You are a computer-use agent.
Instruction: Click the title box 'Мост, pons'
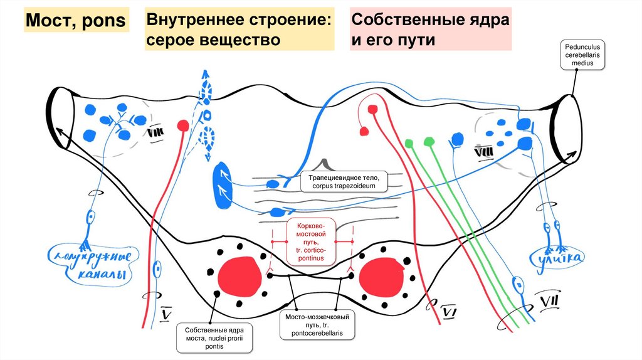(75, 23)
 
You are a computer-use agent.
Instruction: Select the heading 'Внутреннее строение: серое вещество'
(241, 29)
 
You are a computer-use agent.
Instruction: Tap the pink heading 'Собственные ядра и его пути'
(429, 29)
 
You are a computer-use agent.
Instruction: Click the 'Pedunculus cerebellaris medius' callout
(582, 56)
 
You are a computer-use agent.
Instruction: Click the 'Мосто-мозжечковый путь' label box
(316, 326)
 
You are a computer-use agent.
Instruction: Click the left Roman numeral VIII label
(155, 132)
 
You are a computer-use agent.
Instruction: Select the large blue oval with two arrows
(223, 186)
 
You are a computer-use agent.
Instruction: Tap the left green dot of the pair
(410, 144)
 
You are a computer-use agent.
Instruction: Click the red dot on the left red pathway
(183, 125)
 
